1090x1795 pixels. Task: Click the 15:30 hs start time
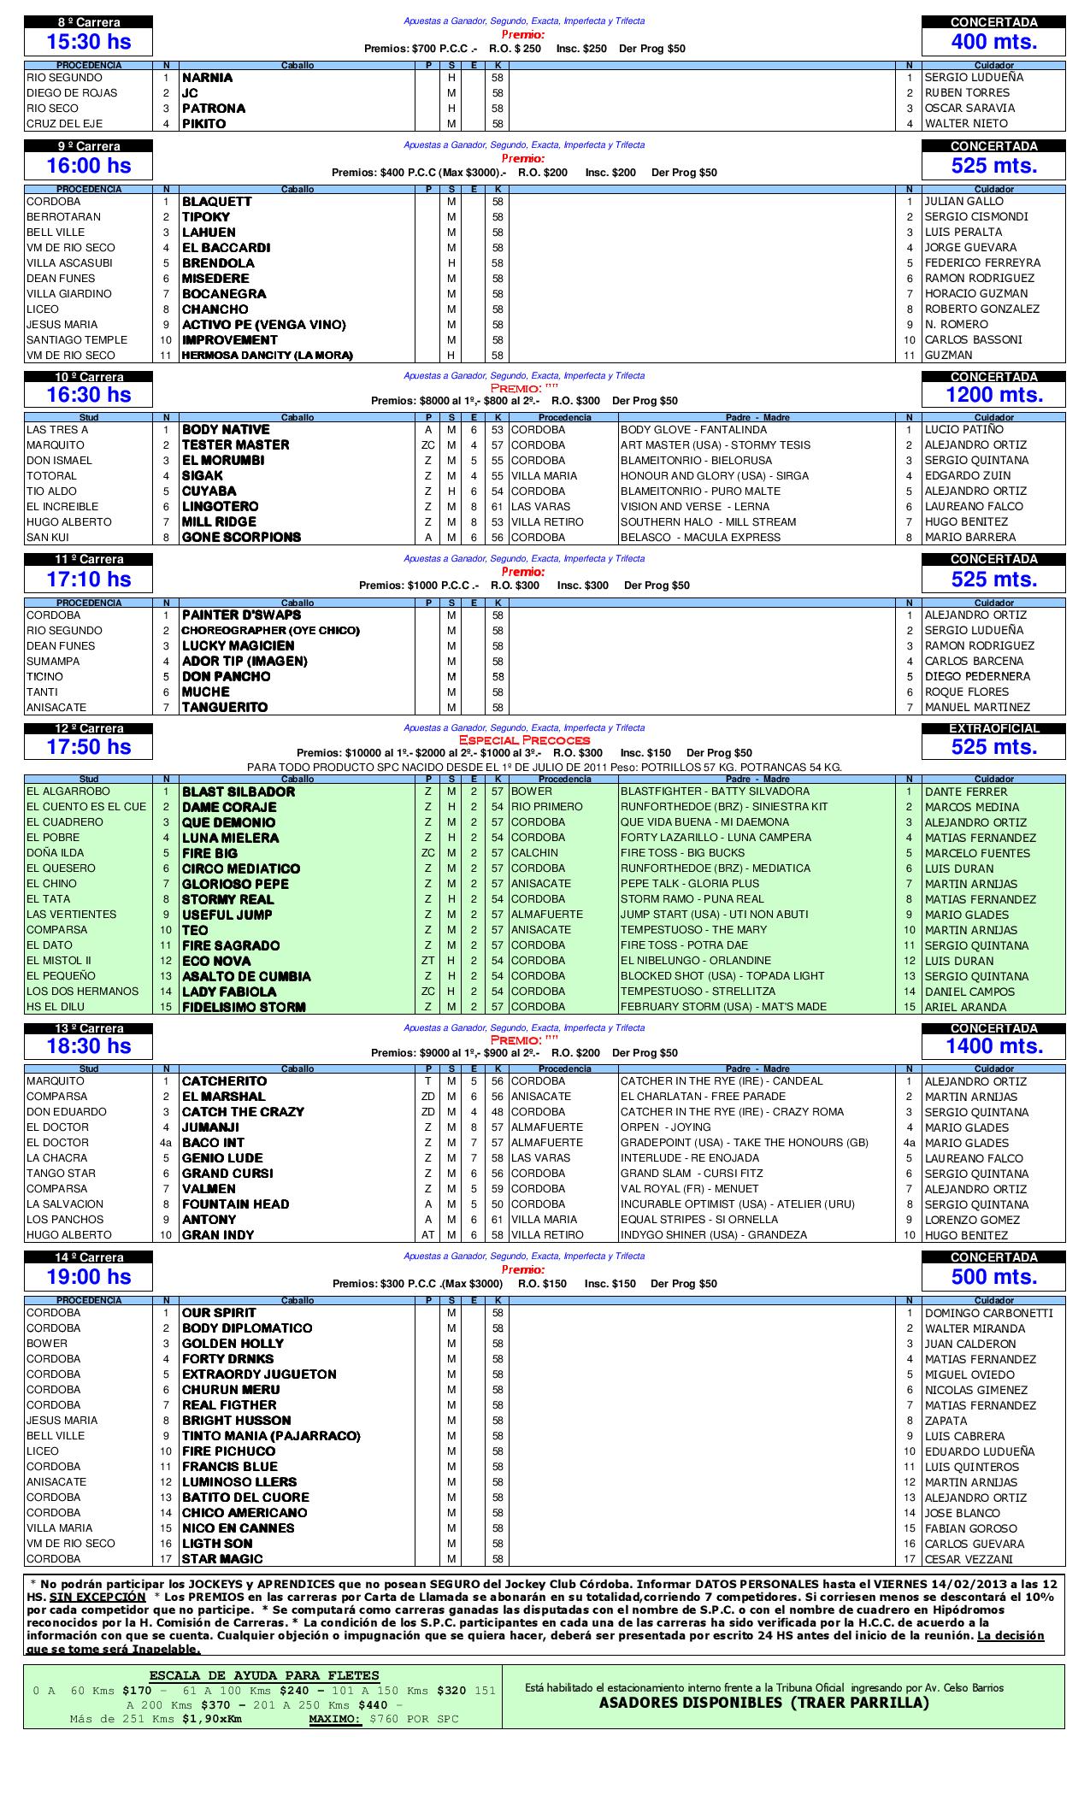(88, 42)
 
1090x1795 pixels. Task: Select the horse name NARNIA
(208, 78)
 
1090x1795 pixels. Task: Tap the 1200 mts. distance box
(993, 394)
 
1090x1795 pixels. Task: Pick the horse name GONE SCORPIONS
(241, 538)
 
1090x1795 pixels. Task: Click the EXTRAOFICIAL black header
(993, 729)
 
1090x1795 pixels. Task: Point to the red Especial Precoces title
(524, 740)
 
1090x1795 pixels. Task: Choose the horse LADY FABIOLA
(229, 992)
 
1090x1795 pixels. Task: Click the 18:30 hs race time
(88, 1046)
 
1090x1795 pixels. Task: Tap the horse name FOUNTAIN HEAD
(235, 1204)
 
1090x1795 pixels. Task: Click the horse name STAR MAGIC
(222, 1559)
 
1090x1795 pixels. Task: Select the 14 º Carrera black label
(88, 1258)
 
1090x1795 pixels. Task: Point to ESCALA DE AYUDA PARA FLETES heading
(264, 1675)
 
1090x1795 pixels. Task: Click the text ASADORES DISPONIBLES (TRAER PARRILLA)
(763, 1702)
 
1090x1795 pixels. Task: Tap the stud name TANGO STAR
(61, 1174)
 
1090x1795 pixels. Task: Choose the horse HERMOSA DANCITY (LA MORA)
(268, 356)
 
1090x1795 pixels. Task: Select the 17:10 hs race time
(88, 580)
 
